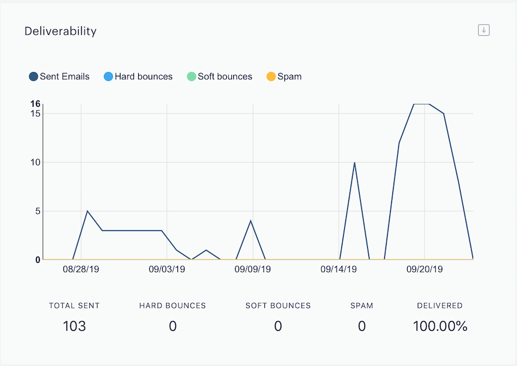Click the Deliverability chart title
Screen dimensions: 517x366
click(x=61, y=31)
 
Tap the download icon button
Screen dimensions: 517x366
click(x=484, y=31)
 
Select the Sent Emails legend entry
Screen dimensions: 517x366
click(x=59, y=76)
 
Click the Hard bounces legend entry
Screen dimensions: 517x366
click(x=138, y=76)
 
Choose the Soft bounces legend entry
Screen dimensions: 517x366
click(x=220, y=76)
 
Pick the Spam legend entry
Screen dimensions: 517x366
click(x=284, y=76)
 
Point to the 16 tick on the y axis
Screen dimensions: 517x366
click(x=35, y=104)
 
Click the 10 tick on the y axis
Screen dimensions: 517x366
click(x=35, y=162)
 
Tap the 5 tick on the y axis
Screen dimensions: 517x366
click(x=38, y=211)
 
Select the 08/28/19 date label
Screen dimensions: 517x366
click(x=81, y=270)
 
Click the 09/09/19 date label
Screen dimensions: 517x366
click(x=253, y=270)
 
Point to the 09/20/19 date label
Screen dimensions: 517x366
click(x=425, y=270)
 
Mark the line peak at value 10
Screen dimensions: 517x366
click(x=354, y=163)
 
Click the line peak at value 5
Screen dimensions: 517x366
click(x=87, y=211)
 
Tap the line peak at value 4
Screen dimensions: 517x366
click(x=251, y=220)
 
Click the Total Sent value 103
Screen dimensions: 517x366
click(x=75, y=327)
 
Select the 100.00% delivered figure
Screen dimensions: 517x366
click(x=440, y=327)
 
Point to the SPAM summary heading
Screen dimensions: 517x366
click(x=362, y=305)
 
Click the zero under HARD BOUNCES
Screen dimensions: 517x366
click(x=173, y=327)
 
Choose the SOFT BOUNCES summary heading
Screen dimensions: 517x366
click(x=278, y=305)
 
